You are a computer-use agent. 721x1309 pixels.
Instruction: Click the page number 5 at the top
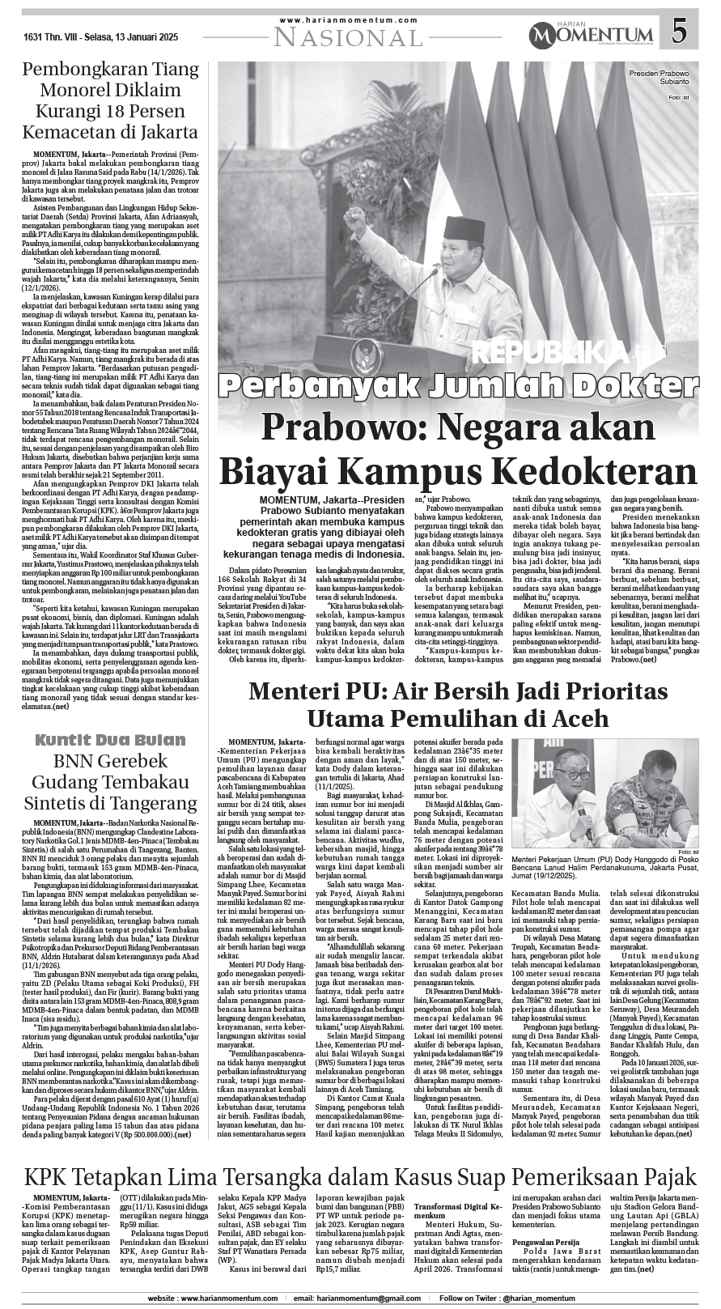click(x=680, y=32)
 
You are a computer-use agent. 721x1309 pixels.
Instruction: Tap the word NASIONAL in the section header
click(x=349, y=36)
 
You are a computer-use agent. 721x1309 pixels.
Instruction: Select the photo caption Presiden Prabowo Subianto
click(x=658, y=78)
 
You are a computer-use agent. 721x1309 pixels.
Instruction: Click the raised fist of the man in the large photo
click(x=355, y=219)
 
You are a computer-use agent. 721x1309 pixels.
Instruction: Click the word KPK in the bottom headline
click(x=54, y=1176)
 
